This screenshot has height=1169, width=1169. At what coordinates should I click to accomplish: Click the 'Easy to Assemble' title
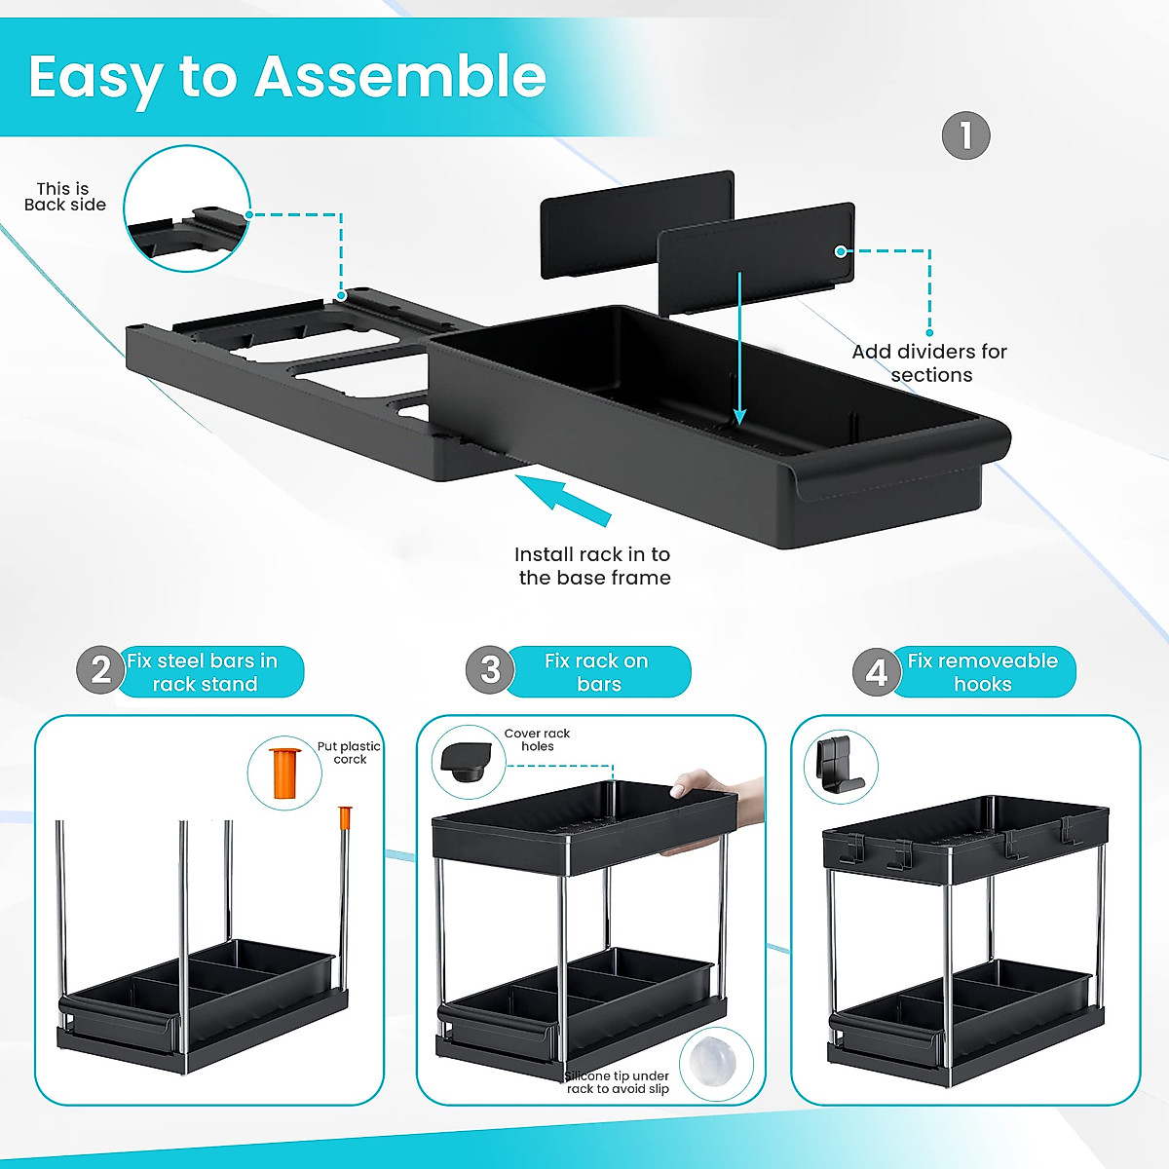(287, 77)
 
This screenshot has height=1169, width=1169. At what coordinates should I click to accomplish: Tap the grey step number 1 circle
(965, 135)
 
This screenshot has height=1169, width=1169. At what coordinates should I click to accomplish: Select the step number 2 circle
(100, 671)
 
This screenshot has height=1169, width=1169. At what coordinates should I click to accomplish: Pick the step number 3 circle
(490, 670)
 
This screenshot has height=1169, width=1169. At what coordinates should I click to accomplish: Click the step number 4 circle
(876, 672)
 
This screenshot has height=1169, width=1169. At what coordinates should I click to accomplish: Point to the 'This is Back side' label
(64, 197)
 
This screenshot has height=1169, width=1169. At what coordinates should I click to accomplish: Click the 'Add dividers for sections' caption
(929, 363)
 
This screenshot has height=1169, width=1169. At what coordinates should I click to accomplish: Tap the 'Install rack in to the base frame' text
(593, 566)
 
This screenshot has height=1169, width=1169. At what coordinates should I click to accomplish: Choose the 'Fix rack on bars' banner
(597, 672)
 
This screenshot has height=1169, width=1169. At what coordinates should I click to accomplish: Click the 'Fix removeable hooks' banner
(982, 672)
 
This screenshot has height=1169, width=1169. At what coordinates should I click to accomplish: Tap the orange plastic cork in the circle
(283, 773)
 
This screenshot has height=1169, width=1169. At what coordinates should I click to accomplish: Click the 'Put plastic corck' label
(349, 752)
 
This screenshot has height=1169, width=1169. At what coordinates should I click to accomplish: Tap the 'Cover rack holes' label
(537, 739)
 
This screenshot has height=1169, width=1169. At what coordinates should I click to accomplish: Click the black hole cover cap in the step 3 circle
(465, 762)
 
